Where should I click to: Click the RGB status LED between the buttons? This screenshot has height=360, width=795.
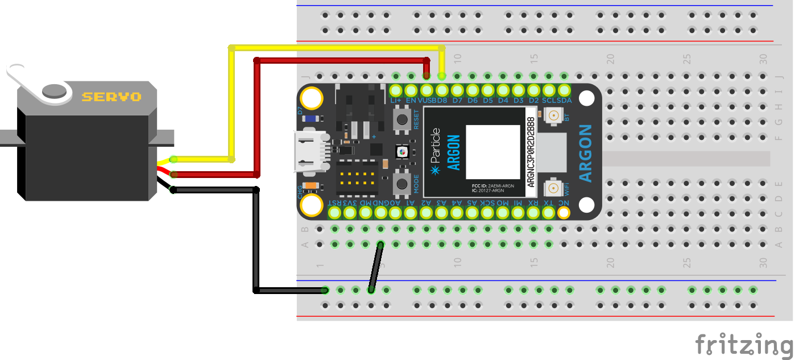coord(403,152)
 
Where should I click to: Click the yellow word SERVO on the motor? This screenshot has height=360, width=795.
coord(111,97)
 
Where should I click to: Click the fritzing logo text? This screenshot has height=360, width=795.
coord(744,345)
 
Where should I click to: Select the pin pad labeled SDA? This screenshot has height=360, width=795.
coord(564,90)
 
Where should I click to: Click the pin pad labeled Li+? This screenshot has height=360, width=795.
coord(396,90)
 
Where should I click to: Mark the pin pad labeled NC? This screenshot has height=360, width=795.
coord(564,213)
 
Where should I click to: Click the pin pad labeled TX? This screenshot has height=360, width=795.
coord(548,213)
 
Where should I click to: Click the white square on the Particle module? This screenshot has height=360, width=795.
coord(493,152)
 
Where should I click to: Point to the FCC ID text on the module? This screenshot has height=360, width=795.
coord(492,186)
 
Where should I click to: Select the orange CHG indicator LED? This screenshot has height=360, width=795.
coord(310,185)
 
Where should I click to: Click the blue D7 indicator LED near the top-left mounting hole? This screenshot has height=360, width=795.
coord(310,119)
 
